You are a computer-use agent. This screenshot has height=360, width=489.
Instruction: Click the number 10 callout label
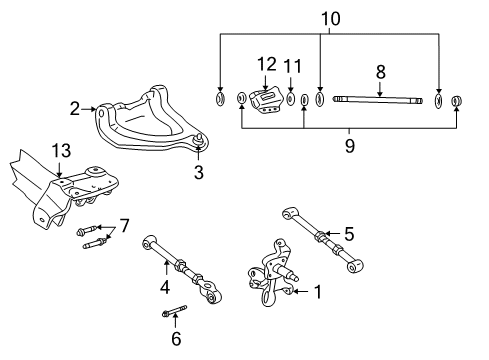330,17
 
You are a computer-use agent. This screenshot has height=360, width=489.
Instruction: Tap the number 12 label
266,64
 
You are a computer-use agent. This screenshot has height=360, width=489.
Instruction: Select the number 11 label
291,66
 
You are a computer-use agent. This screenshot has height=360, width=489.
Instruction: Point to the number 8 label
380,71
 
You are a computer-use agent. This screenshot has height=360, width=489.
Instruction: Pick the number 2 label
74,108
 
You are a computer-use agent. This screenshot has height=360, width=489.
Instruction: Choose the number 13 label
61,150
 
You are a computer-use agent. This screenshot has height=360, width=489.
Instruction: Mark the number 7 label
124,224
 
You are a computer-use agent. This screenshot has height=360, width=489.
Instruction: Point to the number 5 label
349,233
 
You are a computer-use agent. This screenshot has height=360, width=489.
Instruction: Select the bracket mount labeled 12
267,100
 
